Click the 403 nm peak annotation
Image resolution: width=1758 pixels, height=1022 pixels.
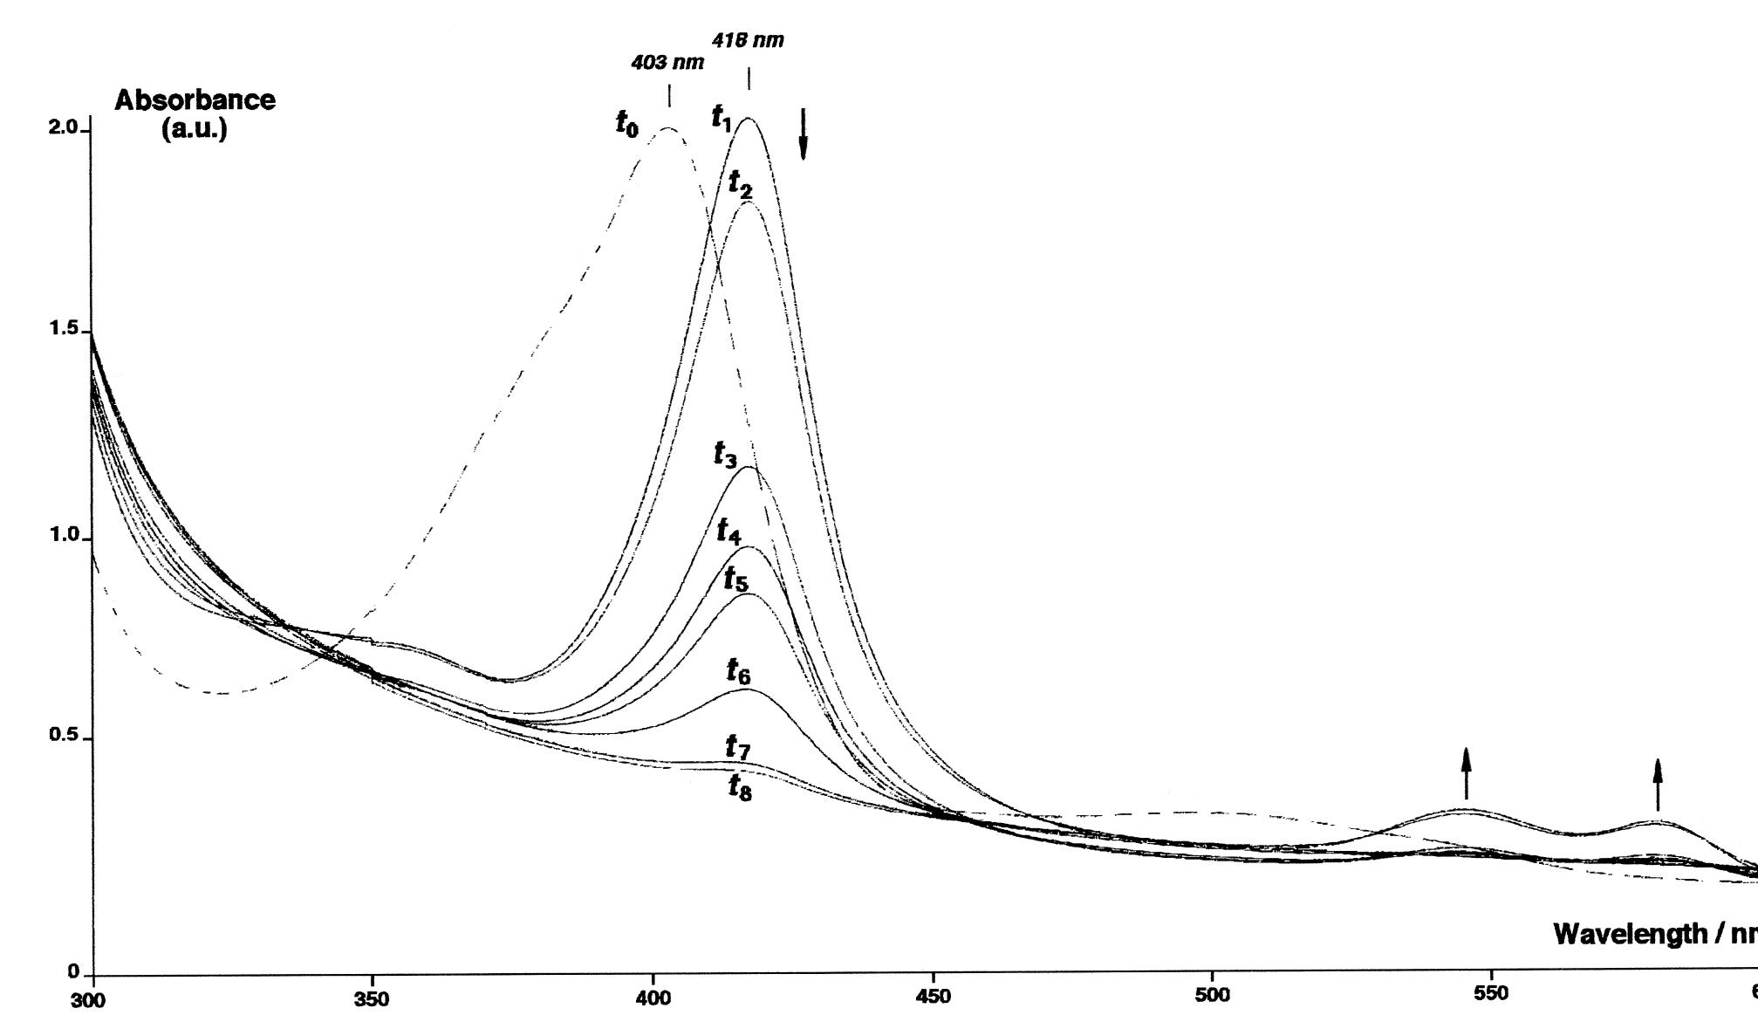(667, 63)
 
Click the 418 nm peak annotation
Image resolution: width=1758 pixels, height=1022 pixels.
(748, 40)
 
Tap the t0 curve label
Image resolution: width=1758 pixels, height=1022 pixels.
(626, 124)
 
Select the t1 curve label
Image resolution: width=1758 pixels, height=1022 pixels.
(722, 118)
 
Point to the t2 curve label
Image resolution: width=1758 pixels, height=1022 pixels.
(740, 184)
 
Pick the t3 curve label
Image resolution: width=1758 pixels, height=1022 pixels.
(725, 454)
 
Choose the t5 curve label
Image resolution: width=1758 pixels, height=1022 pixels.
(735, 578)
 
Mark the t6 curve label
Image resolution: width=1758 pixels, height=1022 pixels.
(738, 671)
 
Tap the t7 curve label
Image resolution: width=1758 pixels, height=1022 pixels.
(738, 747)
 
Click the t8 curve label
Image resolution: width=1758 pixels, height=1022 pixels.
(739, 787)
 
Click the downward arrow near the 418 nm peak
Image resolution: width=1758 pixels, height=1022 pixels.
(804, 134)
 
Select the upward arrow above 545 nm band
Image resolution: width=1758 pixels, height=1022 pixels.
(1466, 772)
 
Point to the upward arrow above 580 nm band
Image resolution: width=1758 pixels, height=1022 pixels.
(1658, 784)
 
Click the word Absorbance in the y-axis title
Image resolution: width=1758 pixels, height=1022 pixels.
(195, 100)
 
